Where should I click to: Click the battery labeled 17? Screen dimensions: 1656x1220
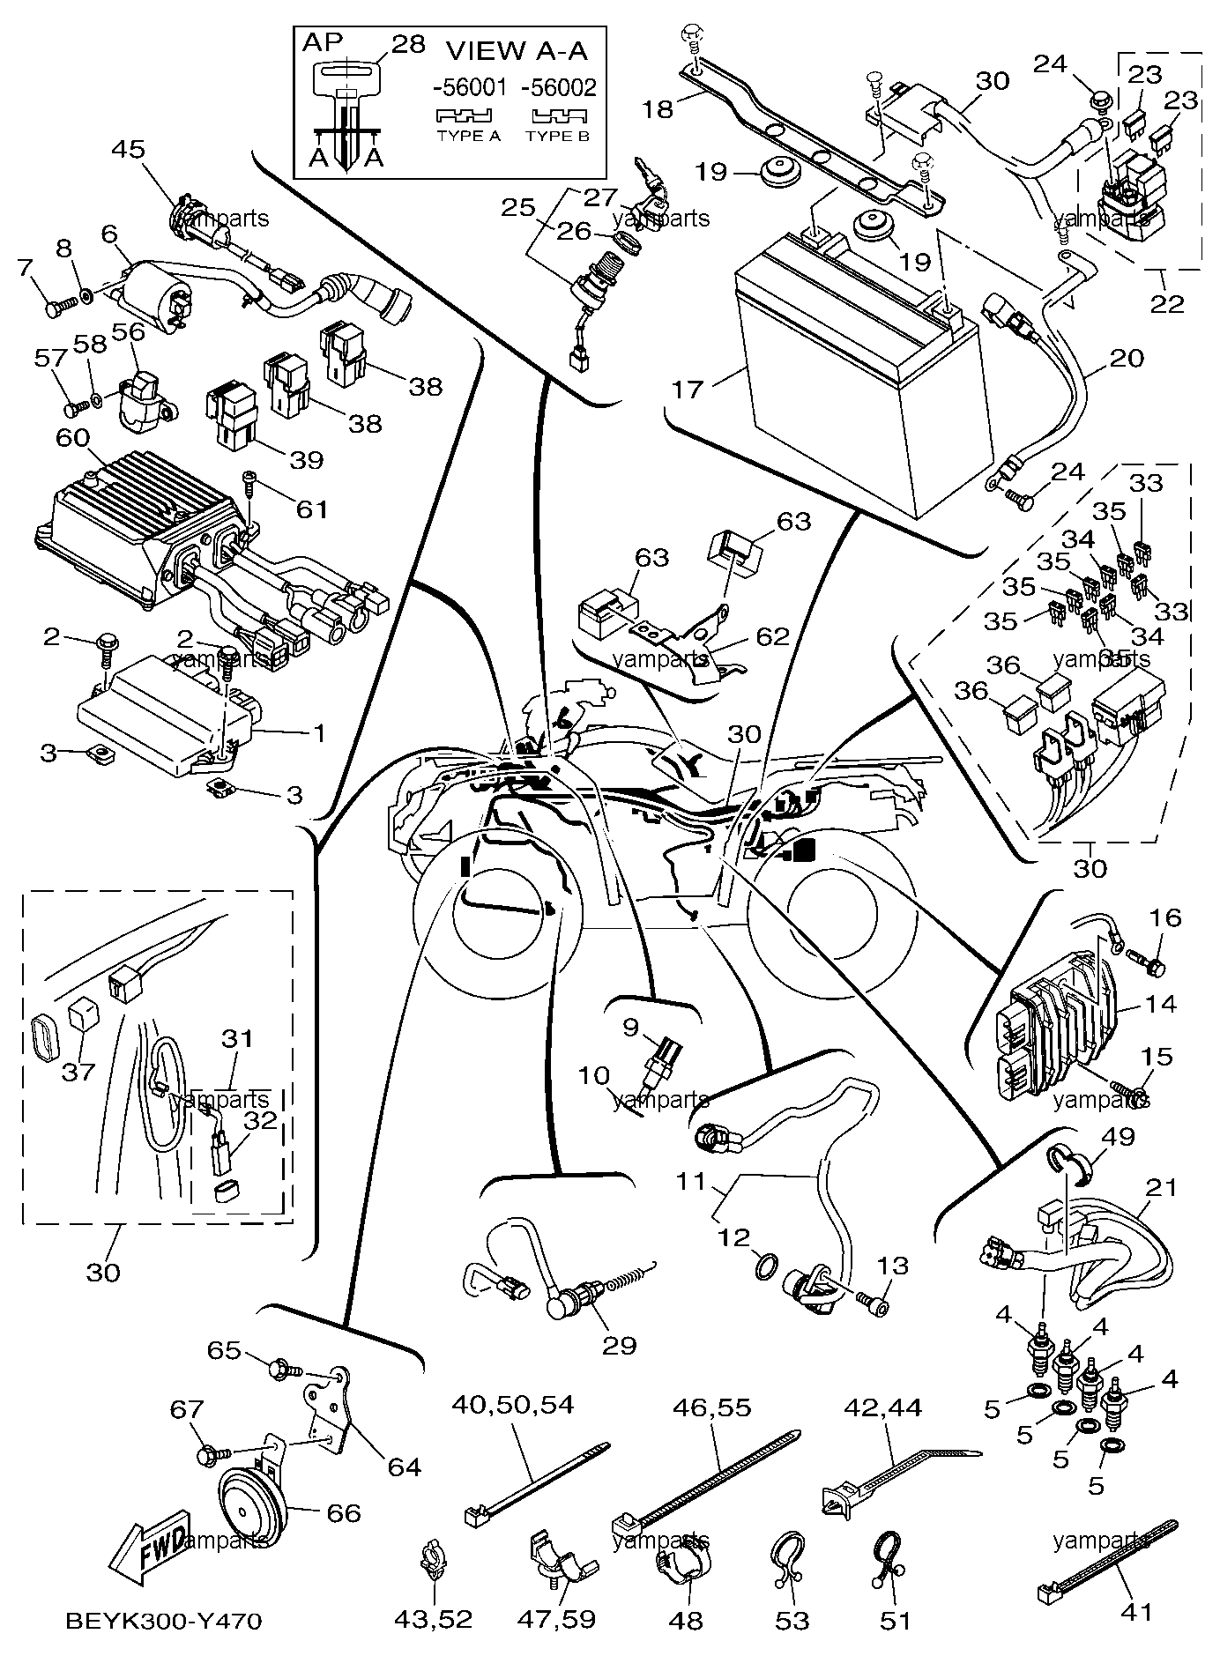pos(851,379)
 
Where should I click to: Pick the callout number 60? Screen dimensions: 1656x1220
pos(73,437)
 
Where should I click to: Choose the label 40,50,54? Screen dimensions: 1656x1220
pos(512,1404)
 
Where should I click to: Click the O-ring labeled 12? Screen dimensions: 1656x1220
pos(766,1267)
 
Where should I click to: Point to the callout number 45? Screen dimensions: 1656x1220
pos(128,149)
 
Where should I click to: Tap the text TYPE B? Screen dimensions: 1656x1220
pos(556,137)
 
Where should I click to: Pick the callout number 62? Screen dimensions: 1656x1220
pos(772,636)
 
